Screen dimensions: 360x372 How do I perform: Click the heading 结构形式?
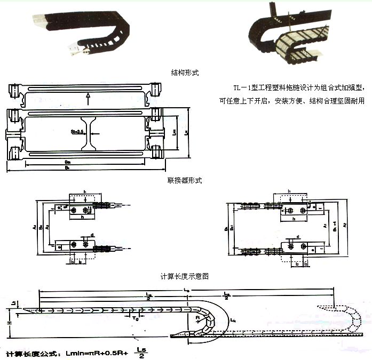pos(185,72)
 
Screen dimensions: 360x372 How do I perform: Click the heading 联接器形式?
pos(185,181)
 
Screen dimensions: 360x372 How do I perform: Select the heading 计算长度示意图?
pos(185,276)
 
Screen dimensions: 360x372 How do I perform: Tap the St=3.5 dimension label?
pos(78,131)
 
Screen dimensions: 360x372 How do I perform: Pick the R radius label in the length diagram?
pos(197,317)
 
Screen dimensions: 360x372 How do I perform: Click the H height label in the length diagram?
pos(10,323)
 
